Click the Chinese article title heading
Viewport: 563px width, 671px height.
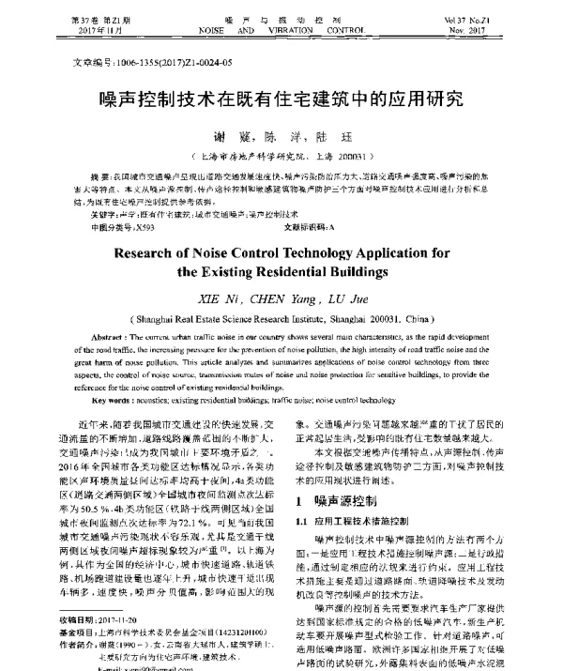click(281, 98)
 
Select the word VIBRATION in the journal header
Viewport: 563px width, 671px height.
click(280, 30)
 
